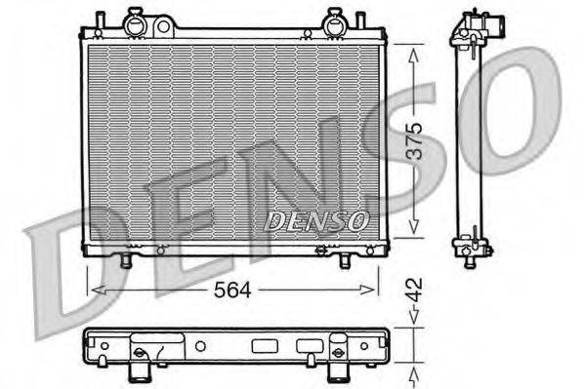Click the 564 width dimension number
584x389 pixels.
coord(233,291)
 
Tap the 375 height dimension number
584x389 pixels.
coord(415,139)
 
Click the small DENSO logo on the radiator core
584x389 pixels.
coord(315,221)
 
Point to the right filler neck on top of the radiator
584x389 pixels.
coord(334,19)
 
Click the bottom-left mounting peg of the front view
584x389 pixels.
coord(124,261)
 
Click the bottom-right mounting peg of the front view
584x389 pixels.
coord(346,261)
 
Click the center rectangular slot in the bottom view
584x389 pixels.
coord(265,345)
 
